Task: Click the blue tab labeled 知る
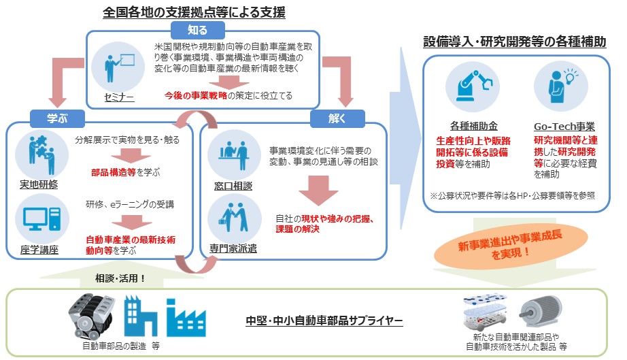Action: point(197,29)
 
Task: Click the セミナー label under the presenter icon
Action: point(119,97)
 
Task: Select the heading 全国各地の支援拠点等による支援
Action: point(194,12)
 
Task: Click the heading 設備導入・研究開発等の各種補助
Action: point(514,42)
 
